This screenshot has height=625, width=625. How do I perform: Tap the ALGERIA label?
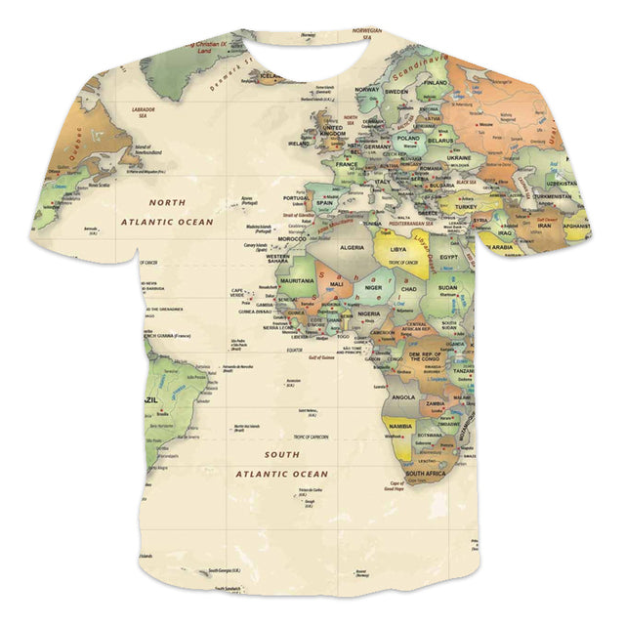point(352,248)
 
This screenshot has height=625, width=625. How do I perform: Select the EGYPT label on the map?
point(450,256)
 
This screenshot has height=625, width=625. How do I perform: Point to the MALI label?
point(337,283)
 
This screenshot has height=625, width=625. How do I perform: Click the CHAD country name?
point(409,289)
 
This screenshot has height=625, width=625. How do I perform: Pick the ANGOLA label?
point(402,397)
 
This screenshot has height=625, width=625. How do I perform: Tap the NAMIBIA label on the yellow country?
point(401,427)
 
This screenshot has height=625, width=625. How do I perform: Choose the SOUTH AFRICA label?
point(427,474)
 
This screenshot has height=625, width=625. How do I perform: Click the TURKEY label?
point(461,206)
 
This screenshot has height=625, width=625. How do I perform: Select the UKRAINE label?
point(459,156)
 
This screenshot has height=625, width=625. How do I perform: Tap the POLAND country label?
point(407,139)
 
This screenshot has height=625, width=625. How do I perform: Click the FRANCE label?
point(348,165)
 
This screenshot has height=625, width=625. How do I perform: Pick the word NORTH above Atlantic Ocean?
point(166,202)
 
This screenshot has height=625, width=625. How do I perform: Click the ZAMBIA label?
point(436,402)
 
